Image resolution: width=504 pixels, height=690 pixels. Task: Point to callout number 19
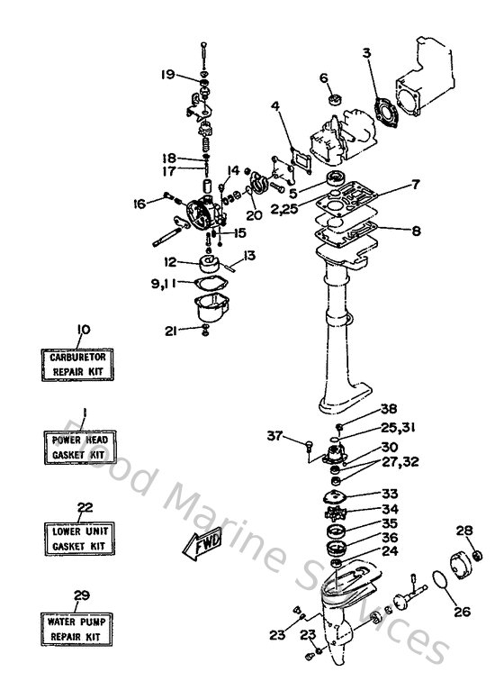[x=168, y=75]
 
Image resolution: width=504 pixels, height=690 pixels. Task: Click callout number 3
[x=367, y=53]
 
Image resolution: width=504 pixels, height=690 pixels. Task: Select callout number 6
[x=323, y=77]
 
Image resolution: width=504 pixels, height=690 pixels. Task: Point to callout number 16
[x=139, y=204]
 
